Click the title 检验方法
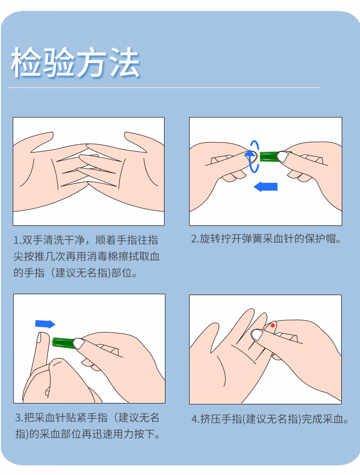tap(75, 62)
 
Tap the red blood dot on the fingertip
tap(273, 325)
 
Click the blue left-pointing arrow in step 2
tap(266, 186)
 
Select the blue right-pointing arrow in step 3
tap(45, 324)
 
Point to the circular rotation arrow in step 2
tap(253, 156)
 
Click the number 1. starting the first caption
tap(18, 240)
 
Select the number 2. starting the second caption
tap(195, 239)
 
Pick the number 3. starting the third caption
tap(19, 418)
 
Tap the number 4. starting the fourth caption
tap(195, 419)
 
